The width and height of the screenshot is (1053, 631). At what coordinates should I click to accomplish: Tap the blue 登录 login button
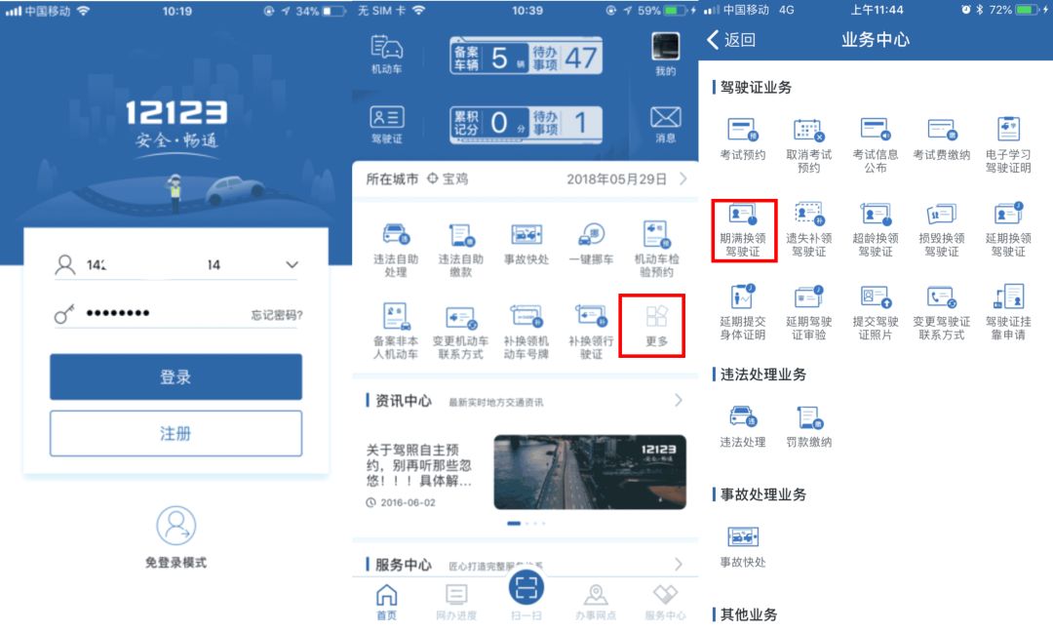[175, 376]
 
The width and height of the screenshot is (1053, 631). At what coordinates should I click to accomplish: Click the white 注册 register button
[175, 433]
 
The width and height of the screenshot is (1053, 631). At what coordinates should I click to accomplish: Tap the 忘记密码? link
[276, 315]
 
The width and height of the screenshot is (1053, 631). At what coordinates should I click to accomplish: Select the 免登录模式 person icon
[175, 527]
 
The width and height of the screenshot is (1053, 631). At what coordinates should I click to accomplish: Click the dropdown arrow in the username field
[291, 265]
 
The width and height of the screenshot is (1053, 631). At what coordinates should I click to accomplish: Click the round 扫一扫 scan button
[526, 587]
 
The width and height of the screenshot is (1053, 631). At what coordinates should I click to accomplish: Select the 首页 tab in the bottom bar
[387, 600]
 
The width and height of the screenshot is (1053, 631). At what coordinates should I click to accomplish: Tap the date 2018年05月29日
[616, 179]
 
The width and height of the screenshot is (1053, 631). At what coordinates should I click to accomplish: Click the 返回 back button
[731, 40]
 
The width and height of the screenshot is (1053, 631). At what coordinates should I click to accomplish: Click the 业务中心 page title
[875, 40]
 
